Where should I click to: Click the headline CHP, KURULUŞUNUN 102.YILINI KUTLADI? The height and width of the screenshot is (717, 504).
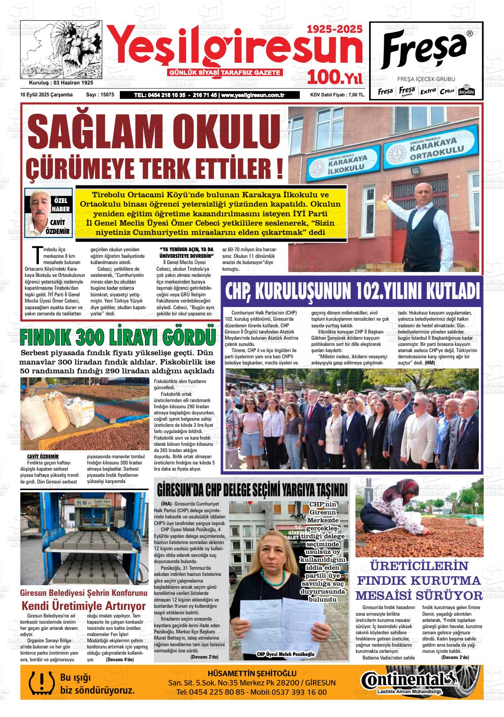pyautogui.click(x=352, y=291)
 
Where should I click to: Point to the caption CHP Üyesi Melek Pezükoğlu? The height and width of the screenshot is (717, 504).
pyautogui.click(x=285, y=654)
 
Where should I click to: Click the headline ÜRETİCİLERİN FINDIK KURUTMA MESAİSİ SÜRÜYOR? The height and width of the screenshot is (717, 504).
pyautogui.click(x=419, y=581)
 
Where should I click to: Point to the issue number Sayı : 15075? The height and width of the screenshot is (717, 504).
pyautogui.click(x=100, y=95)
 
